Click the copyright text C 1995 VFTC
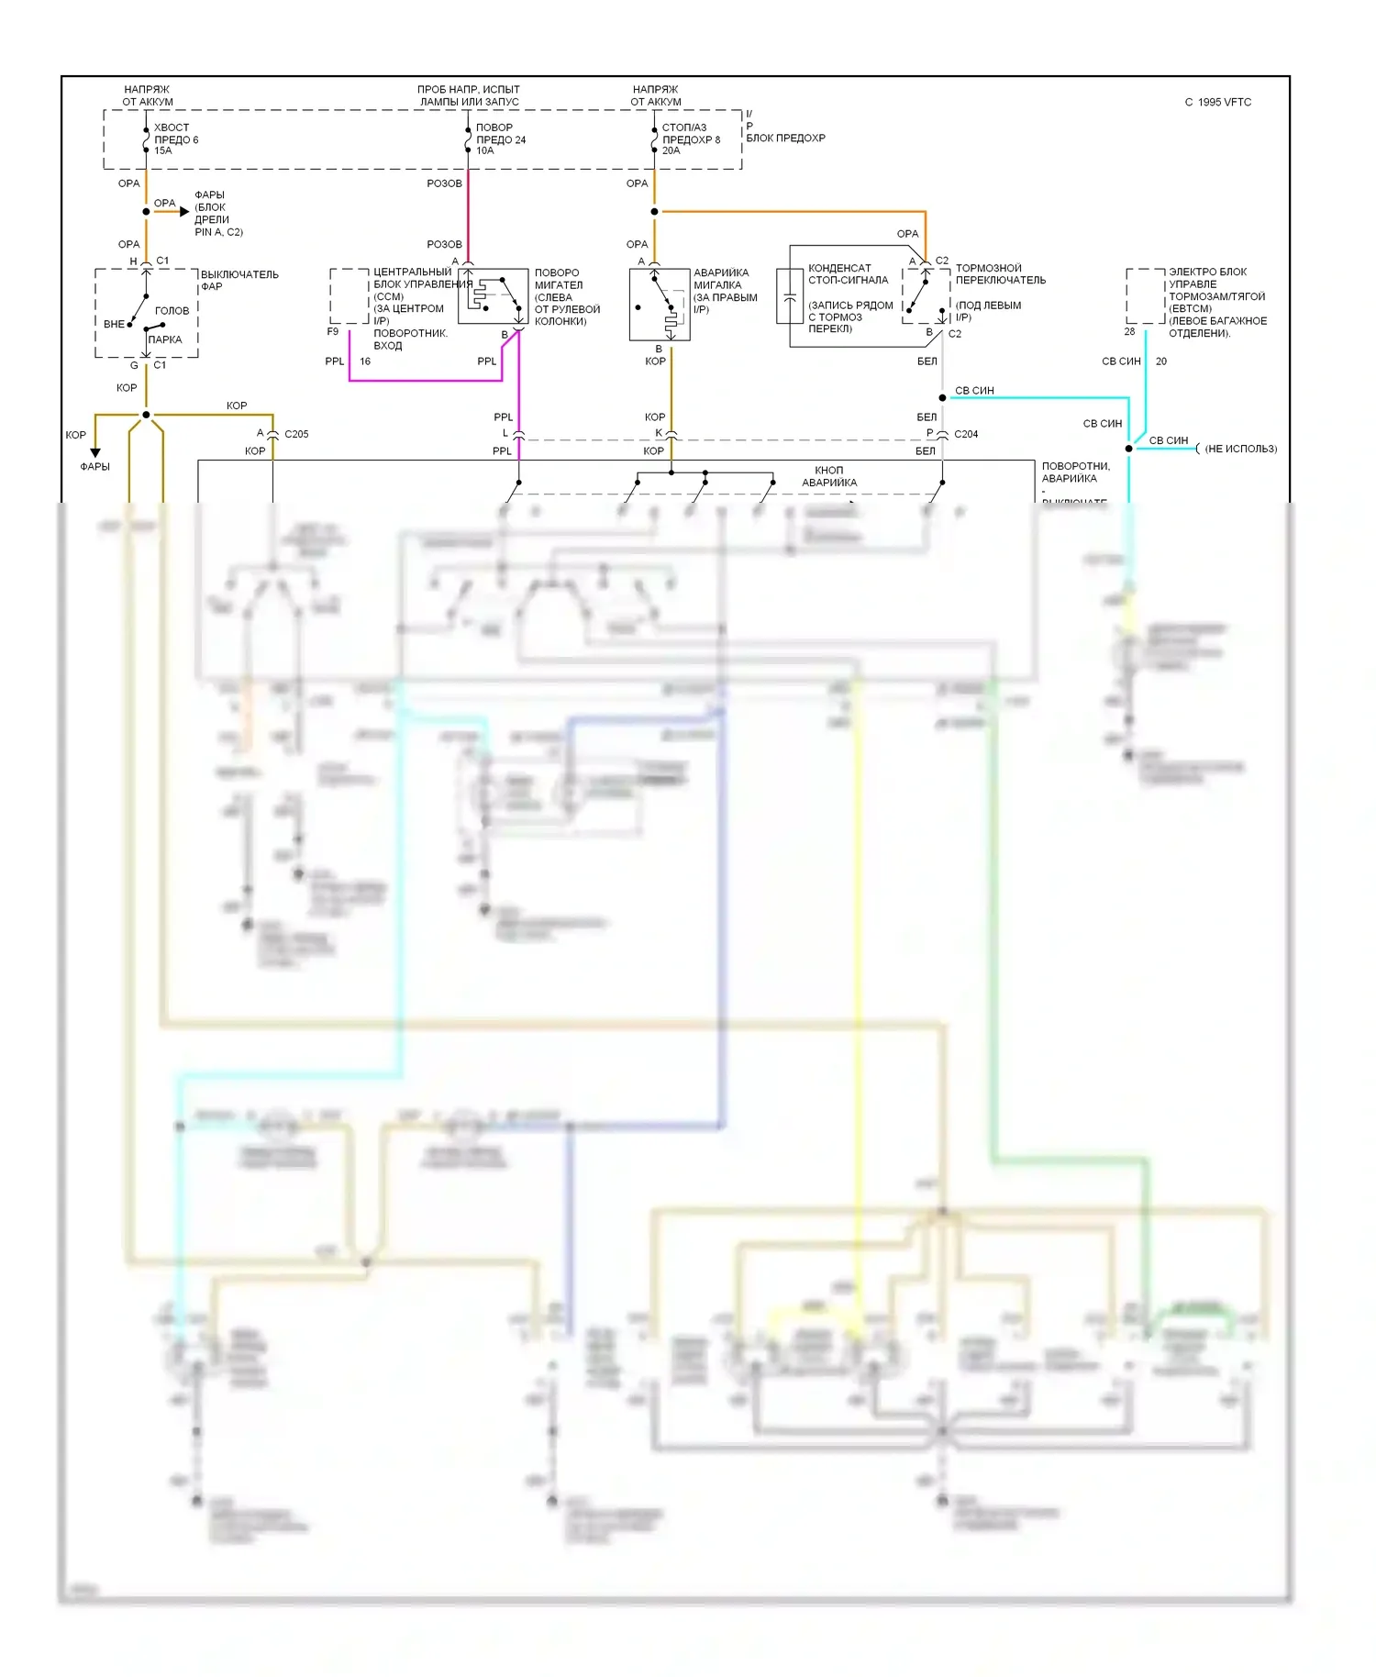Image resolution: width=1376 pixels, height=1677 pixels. click(1217, 102)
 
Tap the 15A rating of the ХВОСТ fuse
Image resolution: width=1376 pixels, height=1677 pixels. click(163, 150)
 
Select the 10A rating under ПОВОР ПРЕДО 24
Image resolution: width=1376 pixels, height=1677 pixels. click(485, 150)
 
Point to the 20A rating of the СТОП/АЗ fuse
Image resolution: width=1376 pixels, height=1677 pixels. click(671, 150)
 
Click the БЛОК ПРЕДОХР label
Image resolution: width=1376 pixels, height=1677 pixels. click(785, 138)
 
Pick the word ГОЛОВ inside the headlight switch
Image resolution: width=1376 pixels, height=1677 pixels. click(172, 310)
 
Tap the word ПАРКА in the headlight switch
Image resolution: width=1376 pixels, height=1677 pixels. click(165, 339)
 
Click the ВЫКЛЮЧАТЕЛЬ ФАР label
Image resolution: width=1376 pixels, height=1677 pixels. click(239, 280)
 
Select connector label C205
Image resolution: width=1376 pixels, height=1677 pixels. click(296, 434)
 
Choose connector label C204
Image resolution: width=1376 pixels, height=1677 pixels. click(966, 434)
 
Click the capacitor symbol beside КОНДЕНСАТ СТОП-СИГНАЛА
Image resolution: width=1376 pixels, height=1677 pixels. click(790, 297)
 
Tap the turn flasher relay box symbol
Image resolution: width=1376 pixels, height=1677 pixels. click(493, 295)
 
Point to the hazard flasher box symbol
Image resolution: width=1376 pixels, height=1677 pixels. click(660, 304)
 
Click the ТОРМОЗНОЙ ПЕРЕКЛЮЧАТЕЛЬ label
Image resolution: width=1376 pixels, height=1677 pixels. click(1000, 273)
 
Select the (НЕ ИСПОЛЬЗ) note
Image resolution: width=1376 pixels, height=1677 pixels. click(1240, 449)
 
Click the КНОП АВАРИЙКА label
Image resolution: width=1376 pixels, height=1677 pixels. click(829, 476)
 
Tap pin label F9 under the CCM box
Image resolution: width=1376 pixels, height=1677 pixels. click(333, 332)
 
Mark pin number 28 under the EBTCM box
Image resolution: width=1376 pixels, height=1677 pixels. click(1129, 332)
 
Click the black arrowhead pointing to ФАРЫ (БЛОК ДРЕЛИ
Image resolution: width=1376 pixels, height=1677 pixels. click(184, 212)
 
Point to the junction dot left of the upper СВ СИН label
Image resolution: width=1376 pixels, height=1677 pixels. click(942, 397)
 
